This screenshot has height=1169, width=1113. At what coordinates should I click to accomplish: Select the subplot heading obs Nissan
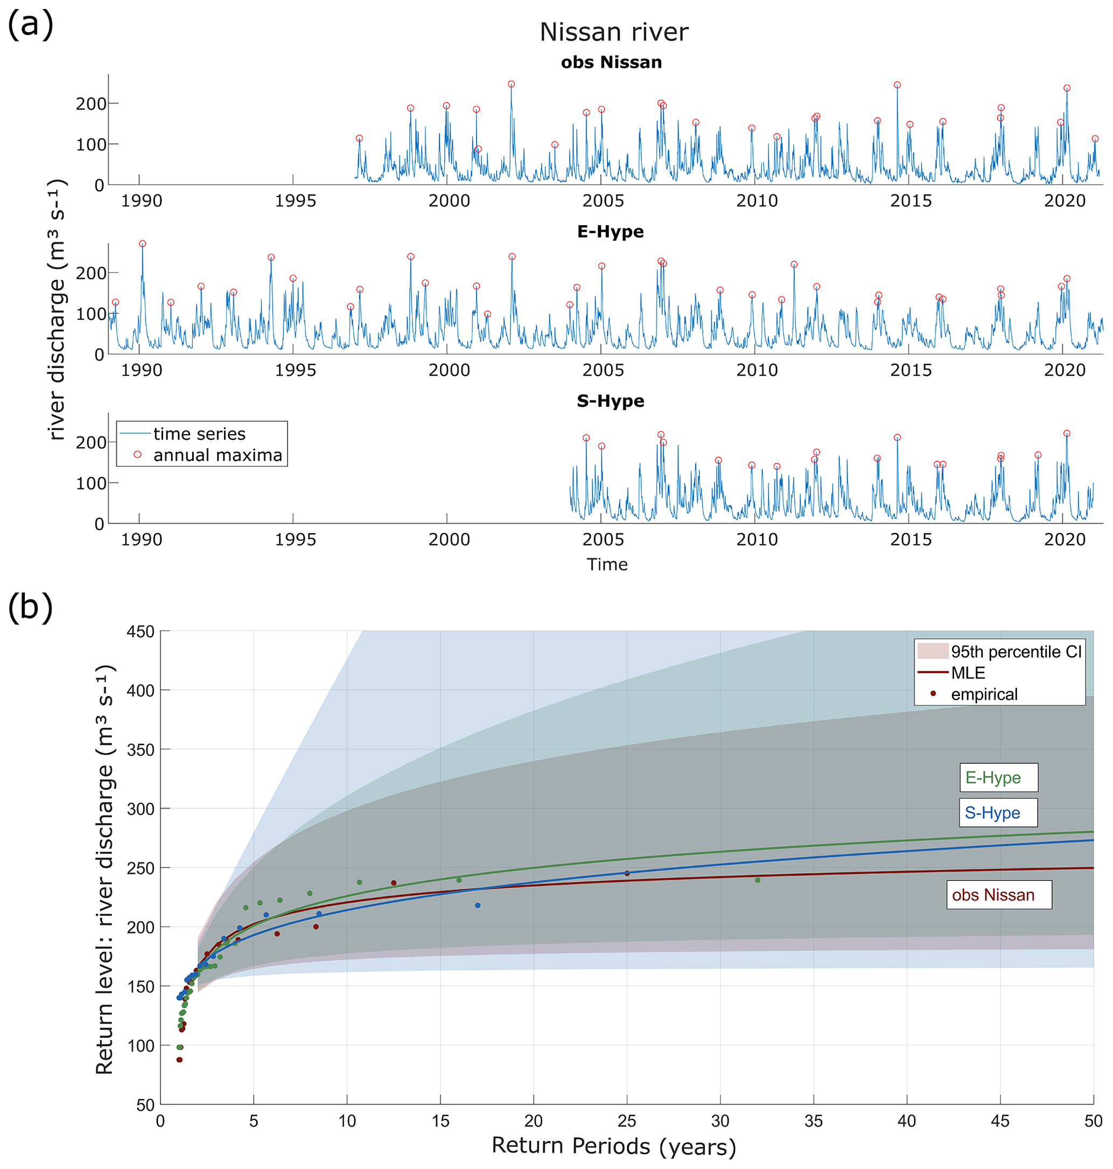pos(611,62)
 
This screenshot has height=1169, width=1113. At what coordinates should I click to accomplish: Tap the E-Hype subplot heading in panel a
pos(611,232)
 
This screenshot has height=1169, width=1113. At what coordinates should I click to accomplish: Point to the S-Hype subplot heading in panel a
pos(611,401)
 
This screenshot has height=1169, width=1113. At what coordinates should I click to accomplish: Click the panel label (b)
pos(30,608)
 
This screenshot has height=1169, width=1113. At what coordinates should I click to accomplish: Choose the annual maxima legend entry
pos(217,455)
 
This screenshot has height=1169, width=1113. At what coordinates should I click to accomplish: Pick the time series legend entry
pos(199,434)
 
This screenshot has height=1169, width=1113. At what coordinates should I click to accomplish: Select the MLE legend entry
pos(968,673)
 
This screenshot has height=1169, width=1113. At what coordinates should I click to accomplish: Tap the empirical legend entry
pos(984,694)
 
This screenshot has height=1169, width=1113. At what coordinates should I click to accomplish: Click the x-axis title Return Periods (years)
pos(613,1145)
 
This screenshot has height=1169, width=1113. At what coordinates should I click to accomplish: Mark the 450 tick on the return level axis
pos(141,631)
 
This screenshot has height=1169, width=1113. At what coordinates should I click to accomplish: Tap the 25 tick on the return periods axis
pos(627,1121)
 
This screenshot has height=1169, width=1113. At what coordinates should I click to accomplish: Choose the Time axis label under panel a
pos(607,565)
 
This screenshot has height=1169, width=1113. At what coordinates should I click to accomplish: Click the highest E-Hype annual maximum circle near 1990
pos(142,244)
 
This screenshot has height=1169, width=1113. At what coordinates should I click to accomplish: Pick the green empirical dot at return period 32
pos(758,880)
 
